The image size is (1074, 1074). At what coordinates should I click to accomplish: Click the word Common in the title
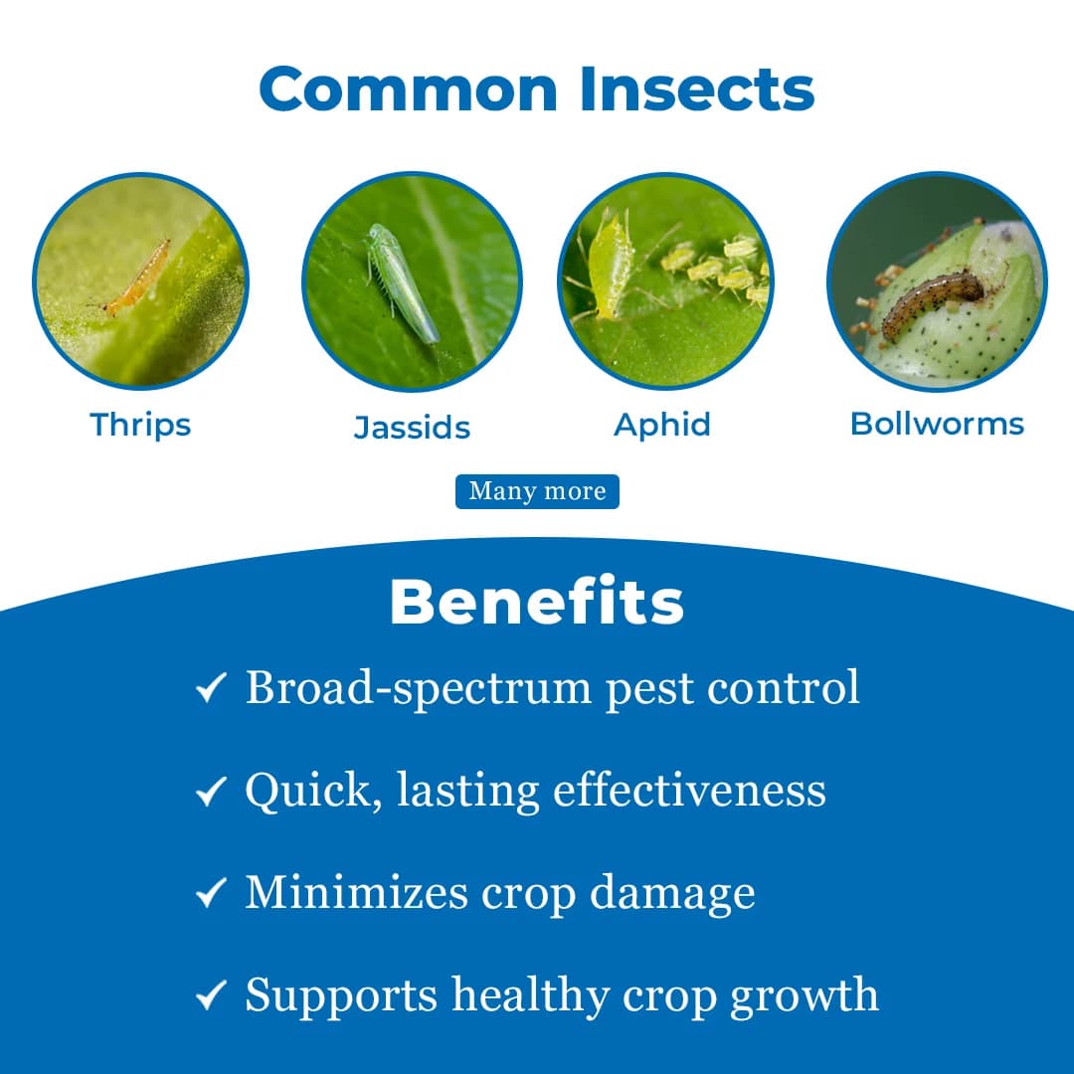[409, 89]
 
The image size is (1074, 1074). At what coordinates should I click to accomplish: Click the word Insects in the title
[697, 89]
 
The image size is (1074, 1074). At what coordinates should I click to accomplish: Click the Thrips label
[140, 426]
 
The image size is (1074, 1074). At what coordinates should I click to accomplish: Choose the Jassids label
[412, 428]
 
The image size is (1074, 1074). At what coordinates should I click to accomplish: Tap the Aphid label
[662, 426]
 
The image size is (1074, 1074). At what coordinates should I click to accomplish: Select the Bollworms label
[937, 424]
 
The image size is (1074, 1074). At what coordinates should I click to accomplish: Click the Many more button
[537, 491]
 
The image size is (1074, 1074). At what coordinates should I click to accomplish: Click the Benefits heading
[537, 602]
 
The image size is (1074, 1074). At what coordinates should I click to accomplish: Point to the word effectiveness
[689, 791]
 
